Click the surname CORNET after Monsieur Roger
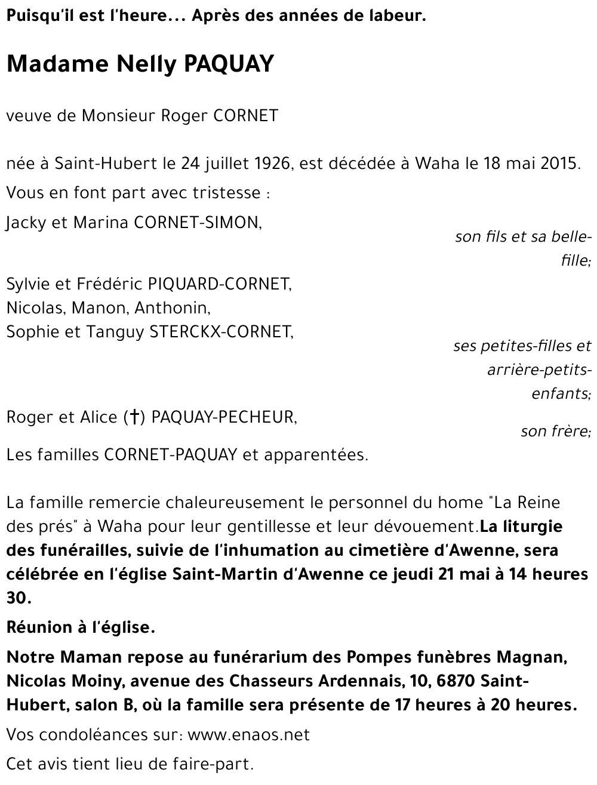pos(245,115)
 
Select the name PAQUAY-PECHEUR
pos(223,417)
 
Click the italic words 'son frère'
pos(555,430)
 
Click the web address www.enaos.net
pos(248,734)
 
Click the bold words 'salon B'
pos(107,704)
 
